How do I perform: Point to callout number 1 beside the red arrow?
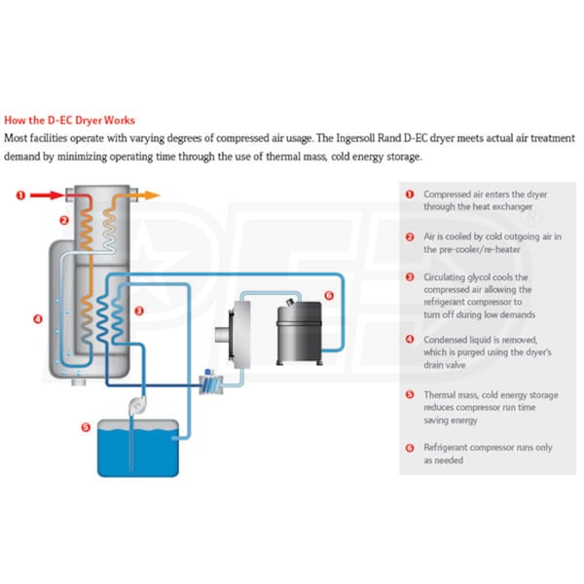click(19, 196)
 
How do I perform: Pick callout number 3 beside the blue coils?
click(140, 310)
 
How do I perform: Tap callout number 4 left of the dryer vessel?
click(36, 318)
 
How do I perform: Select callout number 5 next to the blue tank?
click(86, 426)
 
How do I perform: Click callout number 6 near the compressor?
click(328, 295)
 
